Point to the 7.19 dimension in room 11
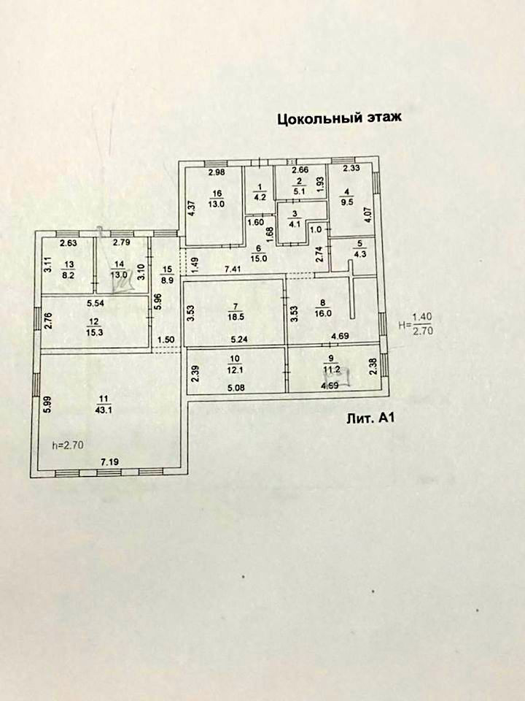point(109,461)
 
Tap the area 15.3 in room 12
point(94,331)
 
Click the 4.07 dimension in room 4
point(368,216)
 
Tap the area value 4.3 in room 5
point(359,255)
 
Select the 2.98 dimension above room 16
point(214,173)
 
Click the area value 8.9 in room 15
point(167,279)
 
